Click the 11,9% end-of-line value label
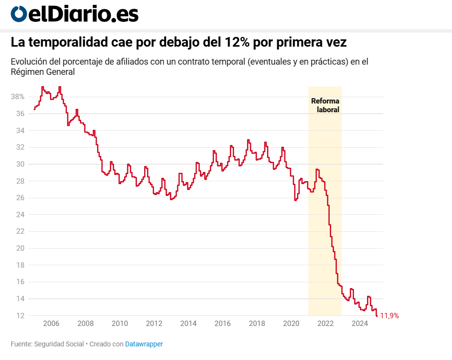click(389, 316)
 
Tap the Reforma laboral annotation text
click(325, 105)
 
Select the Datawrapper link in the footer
click(144, 344)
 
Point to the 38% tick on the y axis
click(18, 97)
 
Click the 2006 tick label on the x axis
click(51, 324)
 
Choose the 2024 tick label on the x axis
click(359, 324)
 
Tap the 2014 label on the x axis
click(188, 324)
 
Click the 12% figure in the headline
click(237, 43)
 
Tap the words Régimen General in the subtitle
click(43, 72)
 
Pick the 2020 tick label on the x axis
click(291, 324)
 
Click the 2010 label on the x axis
click(119, 324)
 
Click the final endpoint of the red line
click(377, 316)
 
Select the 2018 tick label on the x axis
click(256, 324)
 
